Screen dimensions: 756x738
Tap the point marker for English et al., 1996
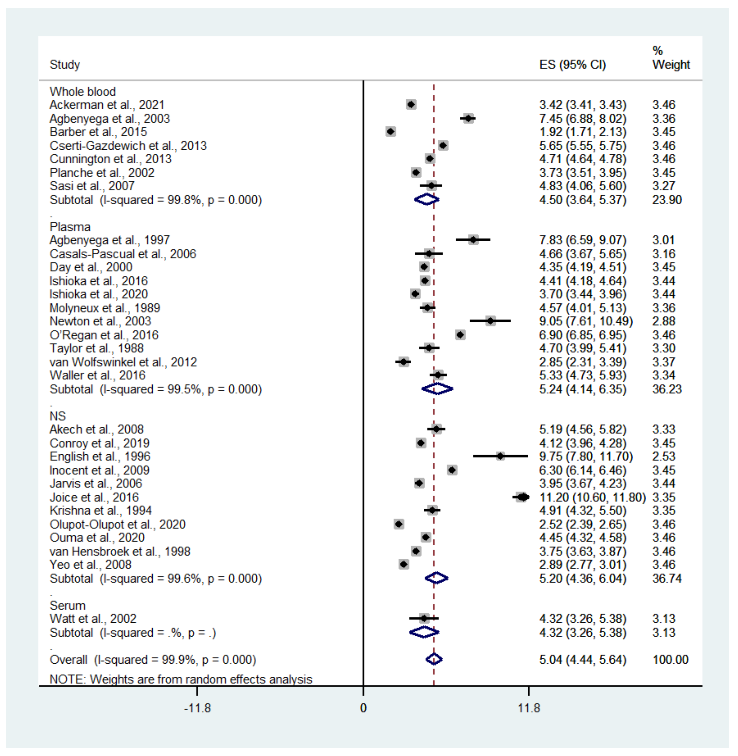pos(500,456)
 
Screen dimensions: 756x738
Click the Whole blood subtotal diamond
pos(426,200)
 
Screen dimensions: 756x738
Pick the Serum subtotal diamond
pos(424,632)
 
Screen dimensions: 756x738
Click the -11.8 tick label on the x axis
pos(197,708)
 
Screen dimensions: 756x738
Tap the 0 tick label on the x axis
pos(363,708)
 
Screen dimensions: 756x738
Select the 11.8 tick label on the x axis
pos(529,708)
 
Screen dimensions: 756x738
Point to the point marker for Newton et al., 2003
pos(490,321)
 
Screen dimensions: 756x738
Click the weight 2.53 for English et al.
pos(664,456)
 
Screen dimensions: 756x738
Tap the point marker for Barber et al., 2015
pos(391,132)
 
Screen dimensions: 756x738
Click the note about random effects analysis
pos(181,679)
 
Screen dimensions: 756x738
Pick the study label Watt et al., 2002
pos(93,619)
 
